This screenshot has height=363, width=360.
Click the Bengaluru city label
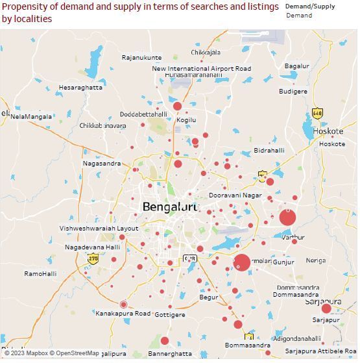[x=170, y=207]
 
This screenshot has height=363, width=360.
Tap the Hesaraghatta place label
[x=80, y=88]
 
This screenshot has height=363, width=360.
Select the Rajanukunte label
[x=141, y=58]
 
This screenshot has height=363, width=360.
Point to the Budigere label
[x=293, y=92]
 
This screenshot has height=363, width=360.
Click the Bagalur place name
[x=296, y=66]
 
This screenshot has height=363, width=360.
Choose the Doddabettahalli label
[x=143, y=114]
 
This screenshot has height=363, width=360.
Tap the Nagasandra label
[x=101, y=164]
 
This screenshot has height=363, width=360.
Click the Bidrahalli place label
[x=269, y=151]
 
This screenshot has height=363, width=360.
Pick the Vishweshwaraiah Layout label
[x=99, y=229]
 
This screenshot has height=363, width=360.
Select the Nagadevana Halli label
[x=92, y=247]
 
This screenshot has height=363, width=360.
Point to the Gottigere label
[x=170, y=315]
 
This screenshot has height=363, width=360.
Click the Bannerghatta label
[x=170, y=354]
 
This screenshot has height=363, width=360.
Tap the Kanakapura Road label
[x=123, y=314]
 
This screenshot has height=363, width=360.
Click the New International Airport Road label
[x=201, y=69]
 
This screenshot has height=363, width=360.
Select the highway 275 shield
[x=93, y=259]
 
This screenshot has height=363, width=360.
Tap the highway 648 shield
[x=317, y=114]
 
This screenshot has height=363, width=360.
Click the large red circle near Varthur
[x=287, y=218]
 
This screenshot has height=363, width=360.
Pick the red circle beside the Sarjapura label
[x=326, y=308]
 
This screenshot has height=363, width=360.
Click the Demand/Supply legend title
[x=310, y=6]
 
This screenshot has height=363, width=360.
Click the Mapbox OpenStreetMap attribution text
[x=53, y=354]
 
